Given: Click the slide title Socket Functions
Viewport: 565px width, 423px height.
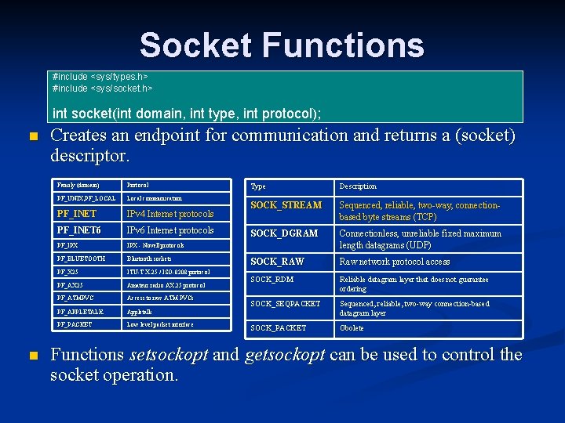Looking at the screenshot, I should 282,45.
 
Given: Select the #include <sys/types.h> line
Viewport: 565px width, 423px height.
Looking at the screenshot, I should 100,77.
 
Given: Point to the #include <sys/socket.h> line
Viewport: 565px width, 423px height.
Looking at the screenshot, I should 102,88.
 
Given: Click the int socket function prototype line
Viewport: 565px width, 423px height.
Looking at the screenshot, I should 187,114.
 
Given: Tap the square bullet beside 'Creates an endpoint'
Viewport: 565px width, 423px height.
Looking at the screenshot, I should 32,137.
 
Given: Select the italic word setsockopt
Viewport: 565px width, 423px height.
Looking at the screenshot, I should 169,355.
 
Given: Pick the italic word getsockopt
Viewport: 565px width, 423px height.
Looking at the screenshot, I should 284,355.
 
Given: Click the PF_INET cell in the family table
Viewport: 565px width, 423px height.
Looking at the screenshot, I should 77,214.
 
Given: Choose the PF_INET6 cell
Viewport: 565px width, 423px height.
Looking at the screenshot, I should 79,230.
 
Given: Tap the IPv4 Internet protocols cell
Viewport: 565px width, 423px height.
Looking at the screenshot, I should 169,214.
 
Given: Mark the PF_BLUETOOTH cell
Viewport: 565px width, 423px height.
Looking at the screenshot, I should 81,258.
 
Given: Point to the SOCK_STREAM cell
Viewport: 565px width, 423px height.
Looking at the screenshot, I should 286,205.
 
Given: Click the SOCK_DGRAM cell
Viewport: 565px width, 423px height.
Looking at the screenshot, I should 284,233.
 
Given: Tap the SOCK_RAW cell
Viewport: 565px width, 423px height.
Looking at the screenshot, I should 277,262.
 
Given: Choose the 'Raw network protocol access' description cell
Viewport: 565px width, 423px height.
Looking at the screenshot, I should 394,262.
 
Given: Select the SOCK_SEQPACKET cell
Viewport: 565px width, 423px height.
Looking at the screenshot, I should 286,304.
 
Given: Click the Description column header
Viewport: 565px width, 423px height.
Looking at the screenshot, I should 358,186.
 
